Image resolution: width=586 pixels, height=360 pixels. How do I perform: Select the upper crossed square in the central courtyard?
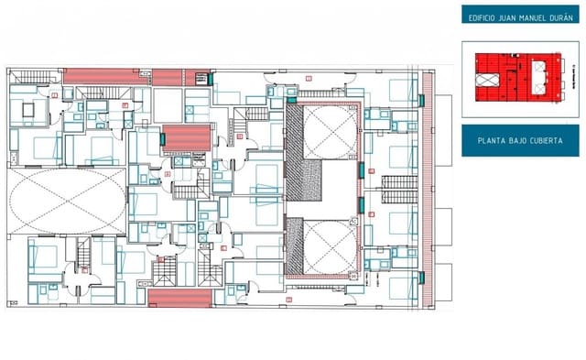click(327, 132)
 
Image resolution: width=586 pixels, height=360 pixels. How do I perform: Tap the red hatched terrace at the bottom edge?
click(179, 297)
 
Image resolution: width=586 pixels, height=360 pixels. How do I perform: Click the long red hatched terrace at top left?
click(104, 77)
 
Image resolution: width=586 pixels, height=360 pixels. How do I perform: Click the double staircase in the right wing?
click(398, 189)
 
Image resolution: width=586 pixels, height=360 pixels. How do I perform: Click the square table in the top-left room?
click(28, 110)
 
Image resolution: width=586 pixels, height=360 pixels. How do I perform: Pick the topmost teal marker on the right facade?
click(421, 99)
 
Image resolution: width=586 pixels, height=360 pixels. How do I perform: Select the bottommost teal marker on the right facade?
click(421, 277)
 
